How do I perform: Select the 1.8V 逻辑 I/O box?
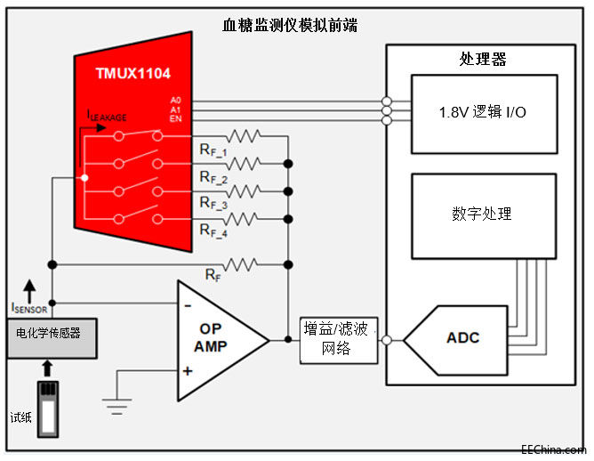484,113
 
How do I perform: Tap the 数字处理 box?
483,214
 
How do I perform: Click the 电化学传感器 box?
49,333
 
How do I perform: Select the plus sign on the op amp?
188,369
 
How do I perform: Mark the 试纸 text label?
20,417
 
